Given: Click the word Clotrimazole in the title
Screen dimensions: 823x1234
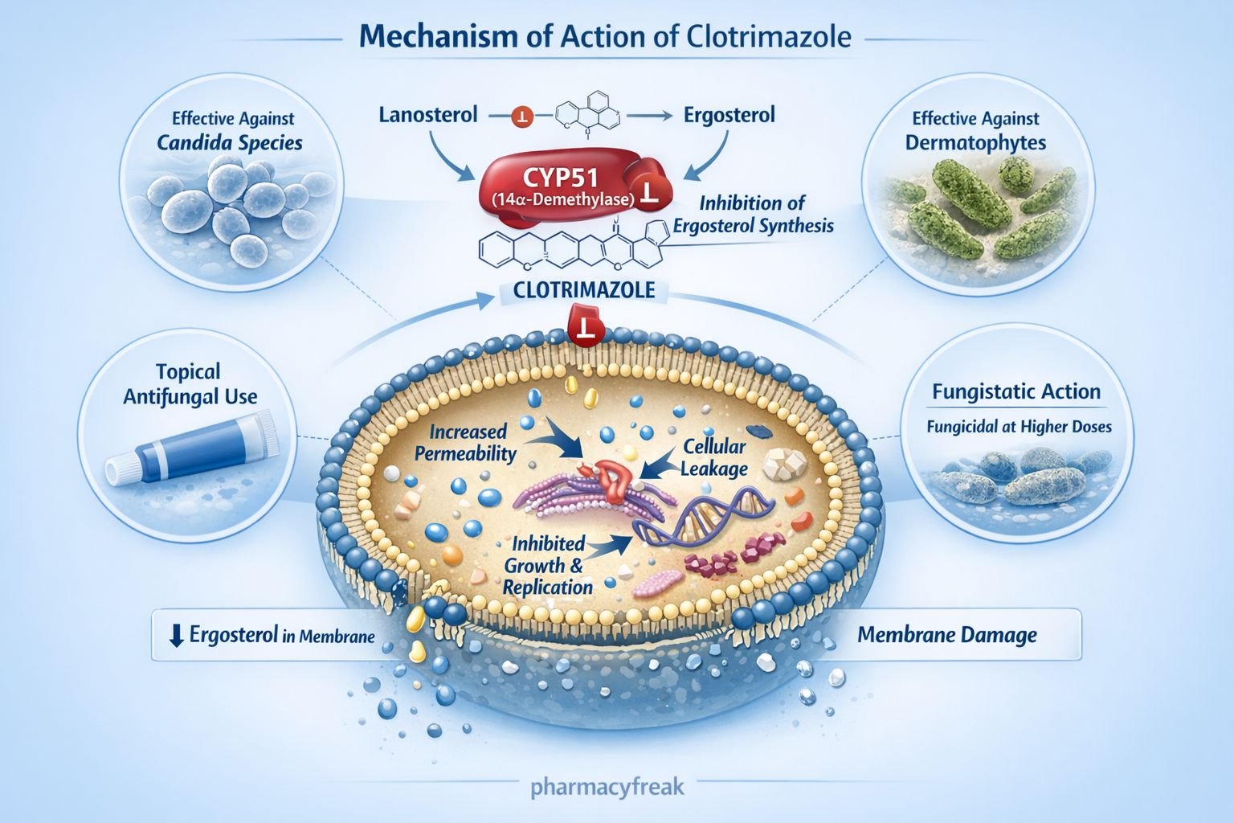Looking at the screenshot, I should click(769, 37).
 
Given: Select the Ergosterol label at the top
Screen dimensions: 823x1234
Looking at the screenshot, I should click(729, 115).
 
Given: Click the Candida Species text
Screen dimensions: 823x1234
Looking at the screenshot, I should click(230, 143).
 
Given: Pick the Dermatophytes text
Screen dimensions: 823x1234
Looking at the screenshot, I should click(975, 143).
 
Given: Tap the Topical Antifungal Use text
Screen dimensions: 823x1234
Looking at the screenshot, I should click(190, 383).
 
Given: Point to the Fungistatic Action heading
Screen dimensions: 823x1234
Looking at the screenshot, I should click(1016, 392).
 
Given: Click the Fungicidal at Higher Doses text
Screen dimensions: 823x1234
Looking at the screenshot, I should click(1019, 426).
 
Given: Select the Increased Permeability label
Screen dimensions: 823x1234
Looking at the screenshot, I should click(465, 443).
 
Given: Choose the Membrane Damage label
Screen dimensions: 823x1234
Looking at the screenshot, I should click(947, 635).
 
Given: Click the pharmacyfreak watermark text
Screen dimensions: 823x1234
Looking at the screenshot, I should click(607, 785).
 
